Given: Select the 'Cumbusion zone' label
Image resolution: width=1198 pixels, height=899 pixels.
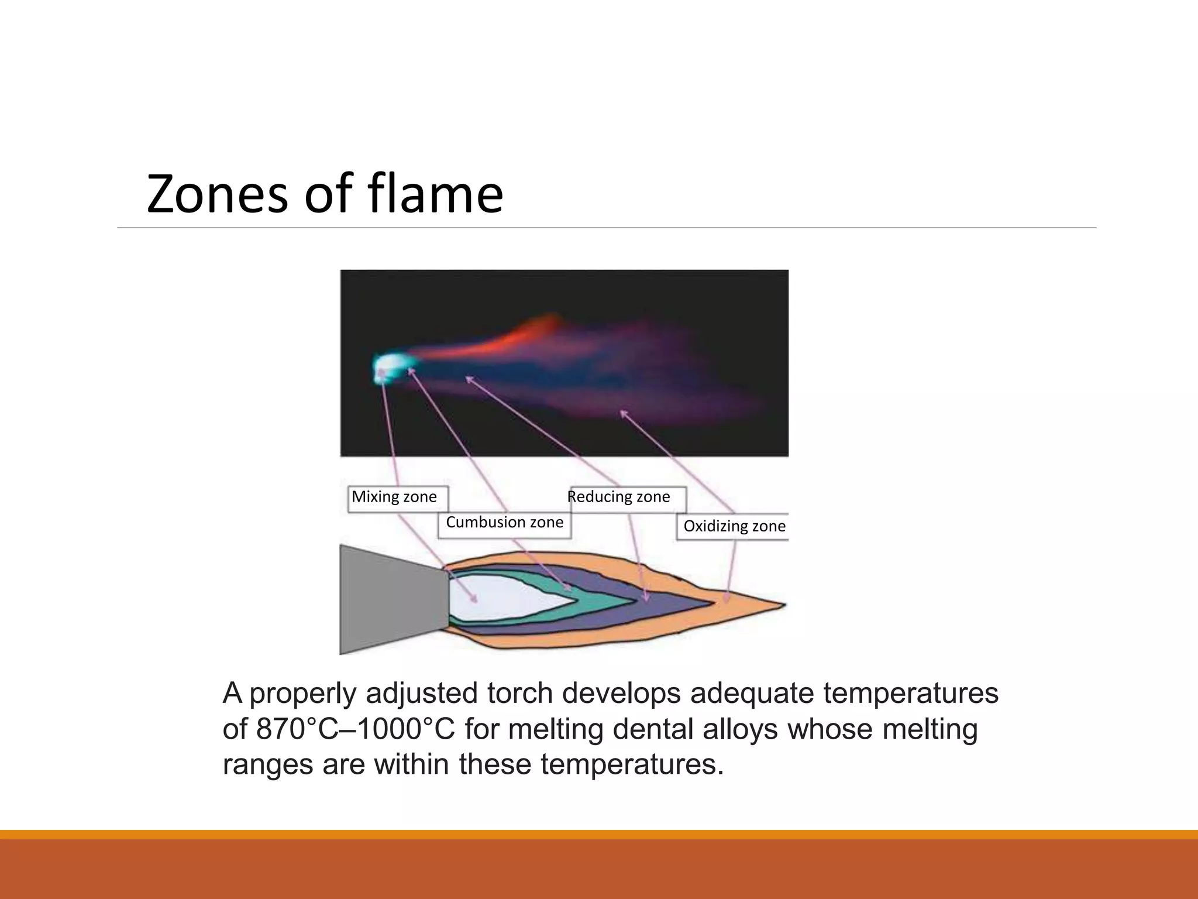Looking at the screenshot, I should (504, 523).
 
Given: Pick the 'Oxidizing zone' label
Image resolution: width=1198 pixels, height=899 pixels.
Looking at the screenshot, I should (734, 526).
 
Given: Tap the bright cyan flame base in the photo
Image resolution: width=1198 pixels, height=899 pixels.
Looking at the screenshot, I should (387, 367).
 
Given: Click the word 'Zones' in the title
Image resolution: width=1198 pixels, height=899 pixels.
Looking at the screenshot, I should (217, 194).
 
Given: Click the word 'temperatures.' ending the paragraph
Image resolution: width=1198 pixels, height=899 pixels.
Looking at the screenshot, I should (632, 764).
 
